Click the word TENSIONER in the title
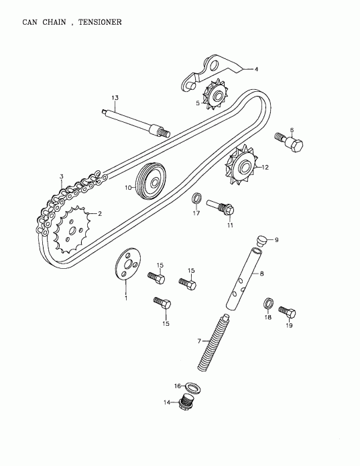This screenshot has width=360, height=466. click(99, 22)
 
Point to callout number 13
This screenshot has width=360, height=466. click(115, 99)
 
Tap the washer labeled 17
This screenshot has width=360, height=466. click(197, 198)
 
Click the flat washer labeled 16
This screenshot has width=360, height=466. click(191, 387)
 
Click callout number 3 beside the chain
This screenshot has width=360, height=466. click(61, 177)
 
